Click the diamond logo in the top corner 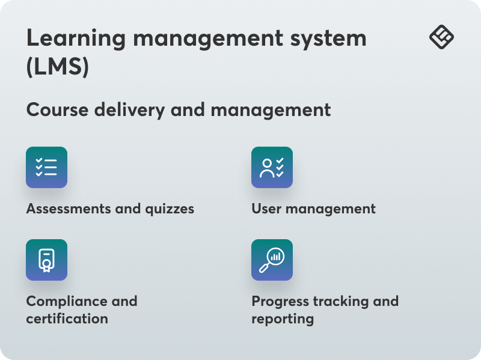tap(441, 37)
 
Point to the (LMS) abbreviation tap(57, 66)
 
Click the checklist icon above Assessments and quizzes tap(46, 168)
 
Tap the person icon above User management tap(272, 168)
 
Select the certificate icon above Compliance tap(46, 260)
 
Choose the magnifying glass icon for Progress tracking tap(272, 260)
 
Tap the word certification tap(67, 319)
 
